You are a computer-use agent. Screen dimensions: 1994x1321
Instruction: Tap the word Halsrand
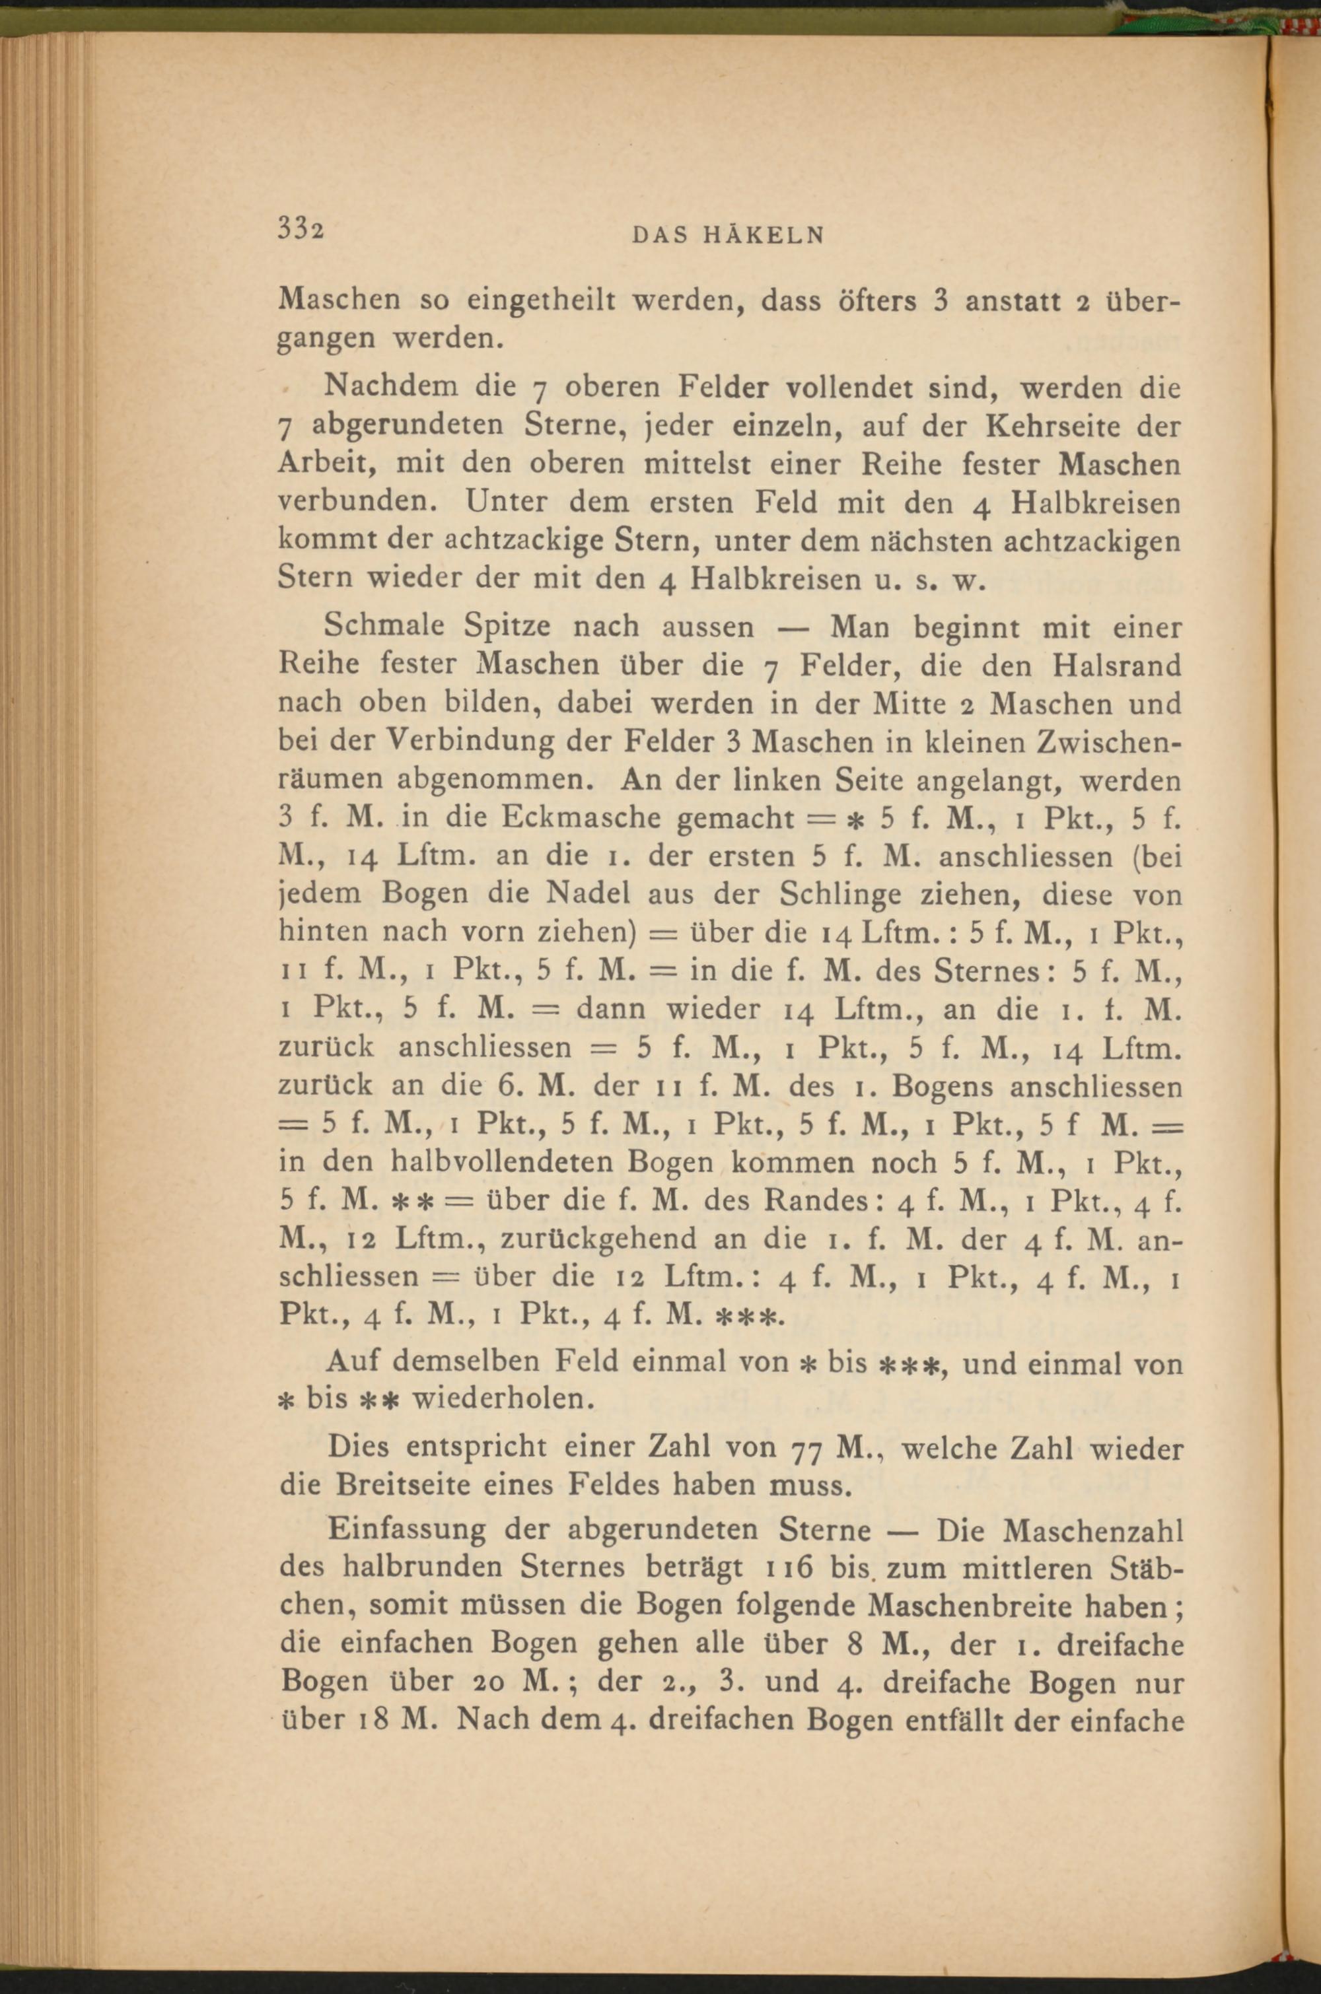pos(1116,666)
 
